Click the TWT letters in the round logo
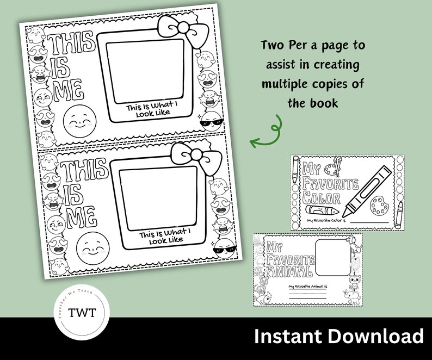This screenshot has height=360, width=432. pos(82,313)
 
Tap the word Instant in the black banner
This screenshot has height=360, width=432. pos(288,336)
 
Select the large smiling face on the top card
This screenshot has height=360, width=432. pos(79,122)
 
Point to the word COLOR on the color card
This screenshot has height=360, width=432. pos(321,198)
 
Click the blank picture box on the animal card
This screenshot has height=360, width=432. pos(332,258)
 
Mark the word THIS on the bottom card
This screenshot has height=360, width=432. pos(82,172)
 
